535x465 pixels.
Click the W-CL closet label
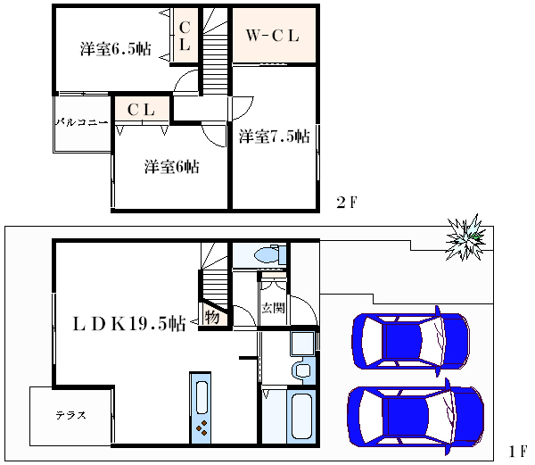coord(272,35)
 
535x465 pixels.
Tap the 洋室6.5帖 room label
coord(116,49)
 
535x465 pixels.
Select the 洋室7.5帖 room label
coord(275,137)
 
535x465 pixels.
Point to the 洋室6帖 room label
coord(171,167)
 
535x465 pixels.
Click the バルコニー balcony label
coord(82,122)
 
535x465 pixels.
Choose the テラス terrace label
coord(71,415)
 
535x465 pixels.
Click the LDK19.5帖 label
coord(129,323)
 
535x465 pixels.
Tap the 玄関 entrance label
coord(273,308)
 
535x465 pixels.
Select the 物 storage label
coord(212,318)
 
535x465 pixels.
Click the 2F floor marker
coord(346,203)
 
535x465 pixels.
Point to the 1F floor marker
coord(517,452)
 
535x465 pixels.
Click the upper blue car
coord(411,342)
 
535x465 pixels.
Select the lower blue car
coord(416,417)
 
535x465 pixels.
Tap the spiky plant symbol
coord(465,237)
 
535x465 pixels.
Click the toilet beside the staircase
coord(270,254)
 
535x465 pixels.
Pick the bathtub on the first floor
coord(301,417)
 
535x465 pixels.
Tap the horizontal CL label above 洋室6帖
coord(141,110)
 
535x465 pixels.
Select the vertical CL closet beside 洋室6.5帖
coord(185,36)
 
